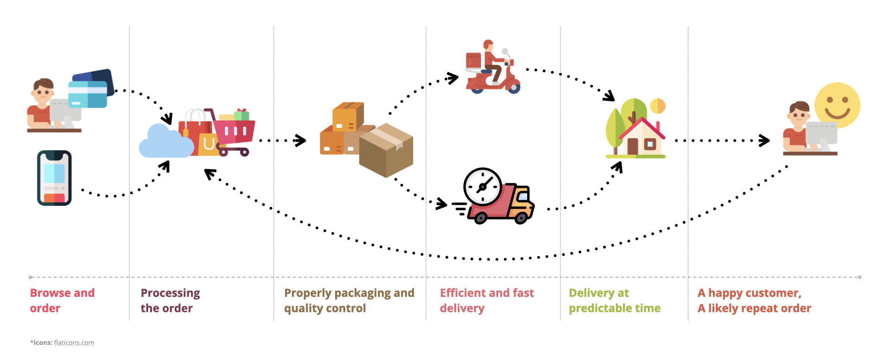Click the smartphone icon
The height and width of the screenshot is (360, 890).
54,178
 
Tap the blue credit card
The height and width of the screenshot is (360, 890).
88,94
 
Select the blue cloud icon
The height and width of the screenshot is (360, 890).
166,141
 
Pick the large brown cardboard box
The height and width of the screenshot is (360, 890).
386,150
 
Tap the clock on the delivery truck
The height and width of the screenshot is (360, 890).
483,187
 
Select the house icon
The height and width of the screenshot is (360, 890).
642,137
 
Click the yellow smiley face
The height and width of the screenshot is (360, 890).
837,106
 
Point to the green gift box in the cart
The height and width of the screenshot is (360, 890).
242,114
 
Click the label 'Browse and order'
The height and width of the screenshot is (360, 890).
62,301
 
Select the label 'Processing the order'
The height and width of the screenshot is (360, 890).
170,301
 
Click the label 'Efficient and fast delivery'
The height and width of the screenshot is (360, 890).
487,301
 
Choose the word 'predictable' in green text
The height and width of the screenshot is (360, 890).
598,309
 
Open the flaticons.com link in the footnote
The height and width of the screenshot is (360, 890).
74,343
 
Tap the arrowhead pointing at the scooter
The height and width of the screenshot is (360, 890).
452,78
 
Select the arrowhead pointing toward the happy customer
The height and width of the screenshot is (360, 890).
764,140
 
